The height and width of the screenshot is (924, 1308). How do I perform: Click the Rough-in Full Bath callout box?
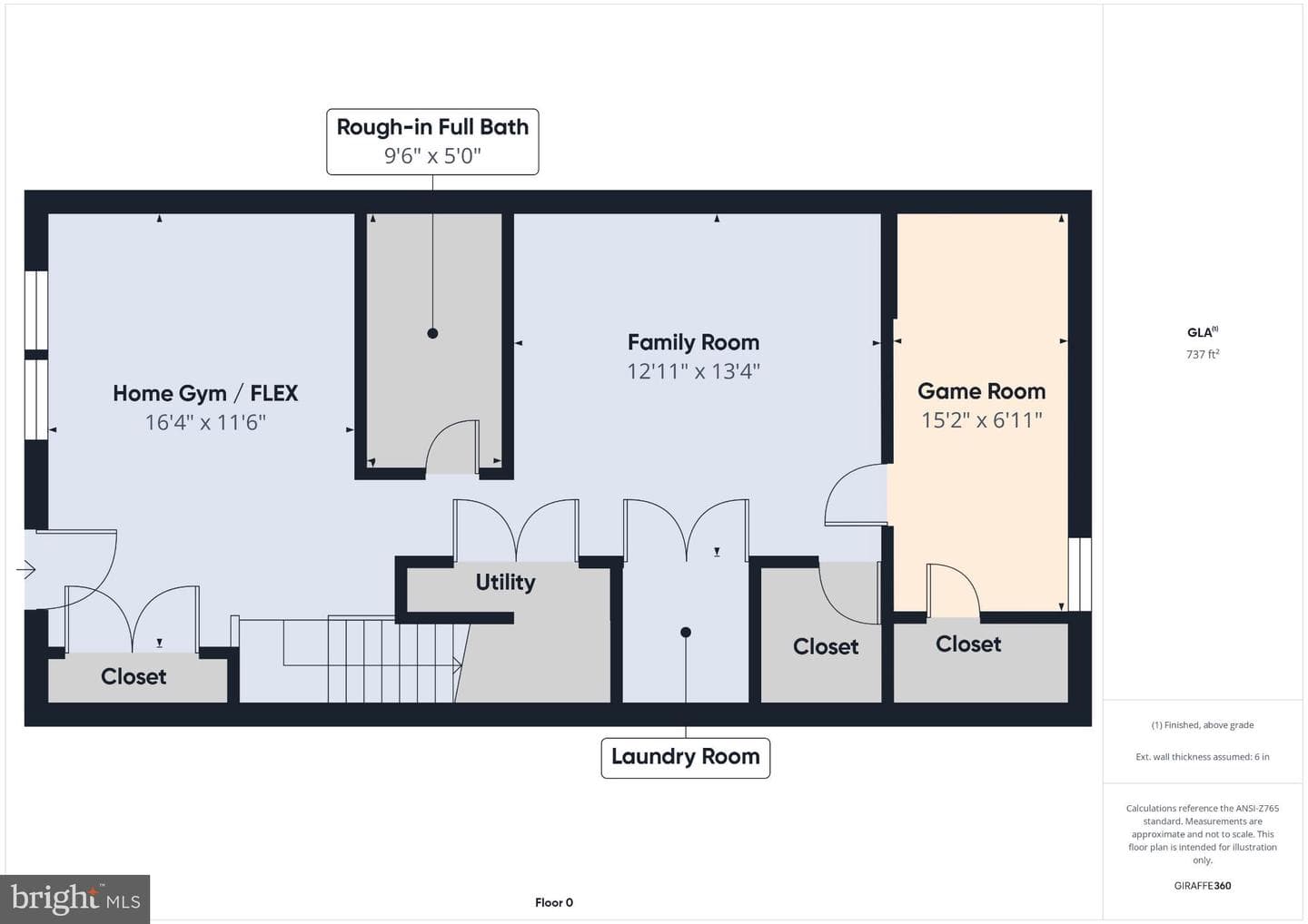click(432, 142)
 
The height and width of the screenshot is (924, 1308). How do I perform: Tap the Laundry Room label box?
click(686, 758)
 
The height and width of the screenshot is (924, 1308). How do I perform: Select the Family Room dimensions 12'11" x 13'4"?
click(693, 371)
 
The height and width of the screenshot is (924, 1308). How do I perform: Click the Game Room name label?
click(981, 391)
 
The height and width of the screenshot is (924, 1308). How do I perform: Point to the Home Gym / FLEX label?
click(205, 393)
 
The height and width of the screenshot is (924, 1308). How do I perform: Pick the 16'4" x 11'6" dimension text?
click(205, 422)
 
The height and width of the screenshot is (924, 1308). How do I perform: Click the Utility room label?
click(505, 582)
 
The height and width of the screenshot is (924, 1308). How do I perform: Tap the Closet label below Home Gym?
click(134, 677)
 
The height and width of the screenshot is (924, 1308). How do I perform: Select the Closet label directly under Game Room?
click(968, 644)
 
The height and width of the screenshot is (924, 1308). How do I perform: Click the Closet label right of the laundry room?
click(825, 646)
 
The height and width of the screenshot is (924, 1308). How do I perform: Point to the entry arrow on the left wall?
click(25, 569)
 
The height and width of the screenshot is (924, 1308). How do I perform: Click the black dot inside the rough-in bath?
click(432, 334)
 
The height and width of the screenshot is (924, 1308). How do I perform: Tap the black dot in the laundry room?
click(686, 633)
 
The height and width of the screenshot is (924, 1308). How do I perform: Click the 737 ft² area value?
click(1203, 354)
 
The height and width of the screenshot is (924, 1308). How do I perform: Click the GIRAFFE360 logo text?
click(1203, 886)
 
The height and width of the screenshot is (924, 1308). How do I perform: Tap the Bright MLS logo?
click(74, 899)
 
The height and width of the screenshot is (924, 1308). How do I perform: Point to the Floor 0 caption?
click(553, 902)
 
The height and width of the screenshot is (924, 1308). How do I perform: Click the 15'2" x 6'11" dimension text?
click(981, 420)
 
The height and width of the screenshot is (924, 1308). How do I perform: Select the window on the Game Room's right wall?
click(1080, 574)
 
